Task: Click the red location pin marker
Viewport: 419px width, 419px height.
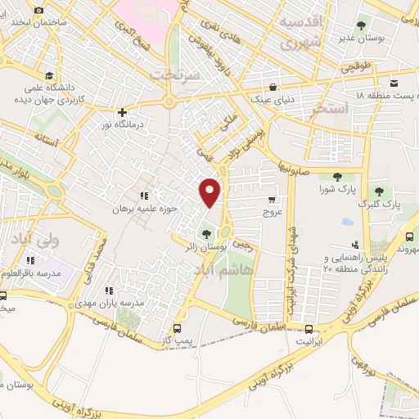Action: point(210,191)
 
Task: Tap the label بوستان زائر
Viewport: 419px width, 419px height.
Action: point(225,246)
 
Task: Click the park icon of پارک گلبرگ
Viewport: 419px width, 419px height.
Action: point(377,191)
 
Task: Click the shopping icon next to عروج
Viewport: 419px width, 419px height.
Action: point(272,199)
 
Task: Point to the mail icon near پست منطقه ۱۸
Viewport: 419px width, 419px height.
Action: point(394,83)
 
